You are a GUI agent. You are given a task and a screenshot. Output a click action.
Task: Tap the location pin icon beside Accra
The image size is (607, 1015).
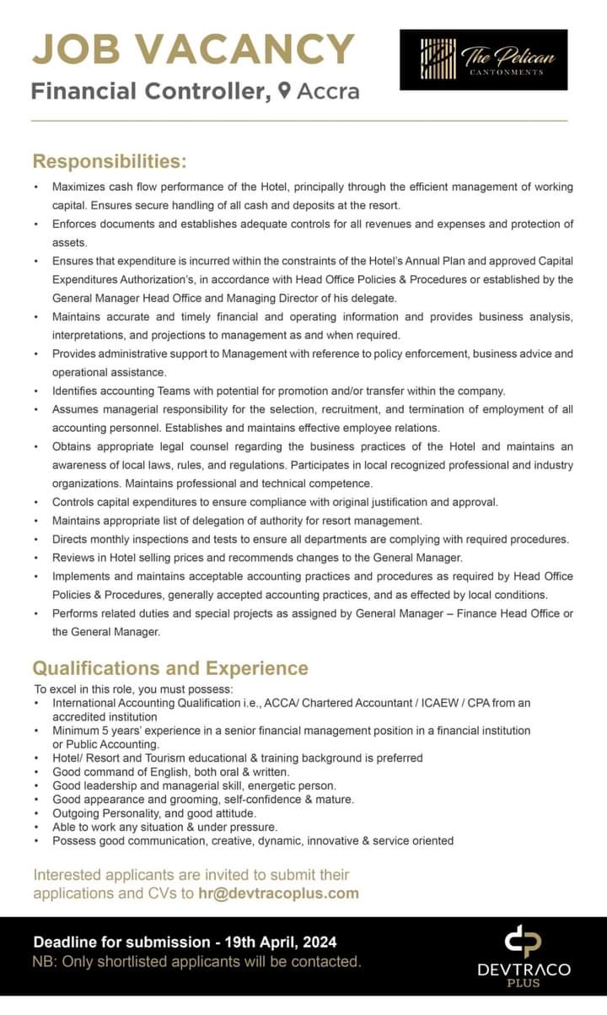pos(285,90)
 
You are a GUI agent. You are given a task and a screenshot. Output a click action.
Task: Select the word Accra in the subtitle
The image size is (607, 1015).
pos(329,91)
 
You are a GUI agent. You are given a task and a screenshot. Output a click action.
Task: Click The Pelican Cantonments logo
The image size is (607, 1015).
pos(483,59)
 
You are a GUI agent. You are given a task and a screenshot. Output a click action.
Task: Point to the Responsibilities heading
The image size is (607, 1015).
pos(109,160)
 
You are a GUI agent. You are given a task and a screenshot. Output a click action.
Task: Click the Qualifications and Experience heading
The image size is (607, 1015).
pos(169,668)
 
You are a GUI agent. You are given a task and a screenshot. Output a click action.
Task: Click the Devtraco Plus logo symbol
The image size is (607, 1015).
pos(523,942)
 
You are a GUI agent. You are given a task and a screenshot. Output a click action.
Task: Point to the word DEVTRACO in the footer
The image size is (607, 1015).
pos(524,970)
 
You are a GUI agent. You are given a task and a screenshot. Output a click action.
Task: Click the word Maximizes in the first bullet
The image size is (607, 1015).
pos(81,186)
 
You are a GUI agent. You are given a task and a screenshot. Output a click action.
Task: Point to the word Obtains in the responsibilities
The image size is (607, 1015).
pos(74,446)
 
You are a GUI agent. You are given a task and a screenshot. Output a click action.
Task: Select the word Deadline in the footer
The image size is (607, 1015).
pos(69,942)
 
